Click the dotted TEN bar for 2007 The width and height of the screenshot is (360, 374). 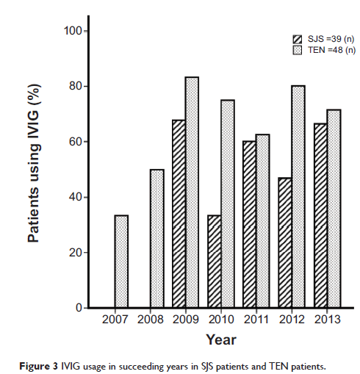point(121,261)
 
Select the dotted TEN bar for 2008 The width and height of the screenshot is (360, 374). point(157,238)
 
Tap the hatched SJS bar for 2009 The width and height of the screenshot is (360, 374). point(179,214)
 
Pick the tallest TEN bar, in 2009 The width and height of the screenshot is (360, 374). point(192,193)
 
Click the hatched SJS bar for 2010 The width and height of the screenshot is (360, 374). point(215,261)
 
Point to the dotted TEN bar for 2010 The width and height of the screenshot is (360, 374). point(228,204)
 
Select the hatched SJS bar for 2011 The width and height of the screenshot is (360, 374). point(250,224)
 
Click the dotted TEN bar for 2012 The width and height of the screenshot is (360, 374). point(298,196)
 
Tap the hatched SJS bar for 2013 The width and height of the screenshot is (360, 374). point(320,215)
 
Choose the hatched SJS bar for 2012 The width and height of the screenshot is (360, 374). point(285,242)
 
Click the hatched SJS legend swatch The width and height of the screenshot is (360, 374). point(298,39)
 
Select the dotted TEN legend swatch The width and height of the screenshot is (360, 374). point(298,50)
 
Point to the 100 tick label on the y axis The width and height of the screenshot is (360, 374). point(73,31)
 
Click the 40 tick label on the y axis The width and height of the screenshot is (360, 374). point(76,197)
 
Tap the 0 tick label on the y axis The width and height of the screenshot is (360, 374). point(79,308)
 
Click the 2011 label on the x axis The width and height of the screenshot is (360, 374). point(256,320)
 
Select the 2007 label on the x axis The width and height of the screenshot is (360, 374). point(115,320)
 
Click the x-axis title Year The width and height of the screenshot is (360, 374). point(221,339)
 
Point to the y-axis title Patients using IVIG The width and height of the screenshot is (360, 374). point(34,163)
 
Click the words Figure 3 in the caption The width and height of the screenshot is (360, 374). point(38,367)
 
